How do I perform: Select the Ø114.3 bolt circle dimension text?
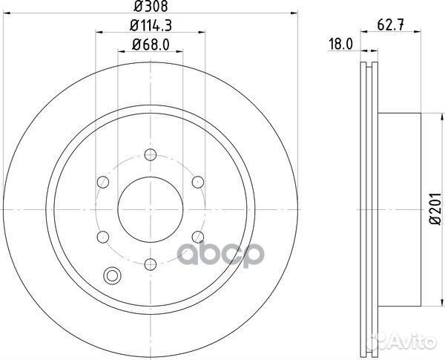point(151,27)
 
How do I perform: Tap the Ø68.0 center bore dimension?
point(151,45)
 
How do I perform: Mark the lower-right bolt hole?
point(197,236)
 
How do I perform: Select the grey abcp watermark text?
point(222,255)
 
